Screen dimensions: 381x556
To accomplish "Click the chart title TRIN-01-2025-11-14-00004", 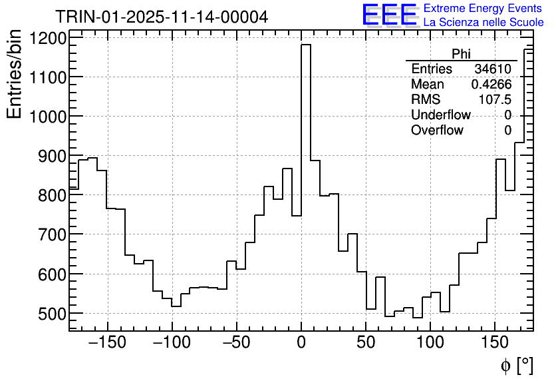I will [x=162, y=17].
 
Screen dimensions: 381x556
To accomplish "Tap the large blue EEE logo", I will [x=390, y=15].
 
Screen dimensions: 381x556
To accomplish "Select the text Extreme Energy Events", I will [x=483, y=9].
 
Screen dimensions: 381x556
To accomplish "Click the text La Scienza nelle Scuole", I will [x=484, y=22].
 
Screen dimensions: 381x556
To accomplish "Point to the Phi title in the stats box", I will [x=461, y=54].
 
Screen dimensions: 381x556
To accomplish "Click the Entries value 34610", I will [x=493, y=69].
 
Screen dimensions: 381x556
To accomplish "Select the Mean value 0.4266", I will [x=491, y=85].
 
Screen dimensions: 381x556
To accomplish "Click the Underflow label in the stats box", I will [x=440, y=115].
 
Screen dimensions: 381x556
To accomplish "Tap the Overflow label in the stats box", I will [x=437, y=131].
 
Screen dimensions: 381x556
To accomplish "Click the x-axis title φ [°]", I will [x=516, y=365].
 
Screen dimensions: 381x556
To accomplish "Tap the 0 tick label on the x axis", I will [x=301, y=344].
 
